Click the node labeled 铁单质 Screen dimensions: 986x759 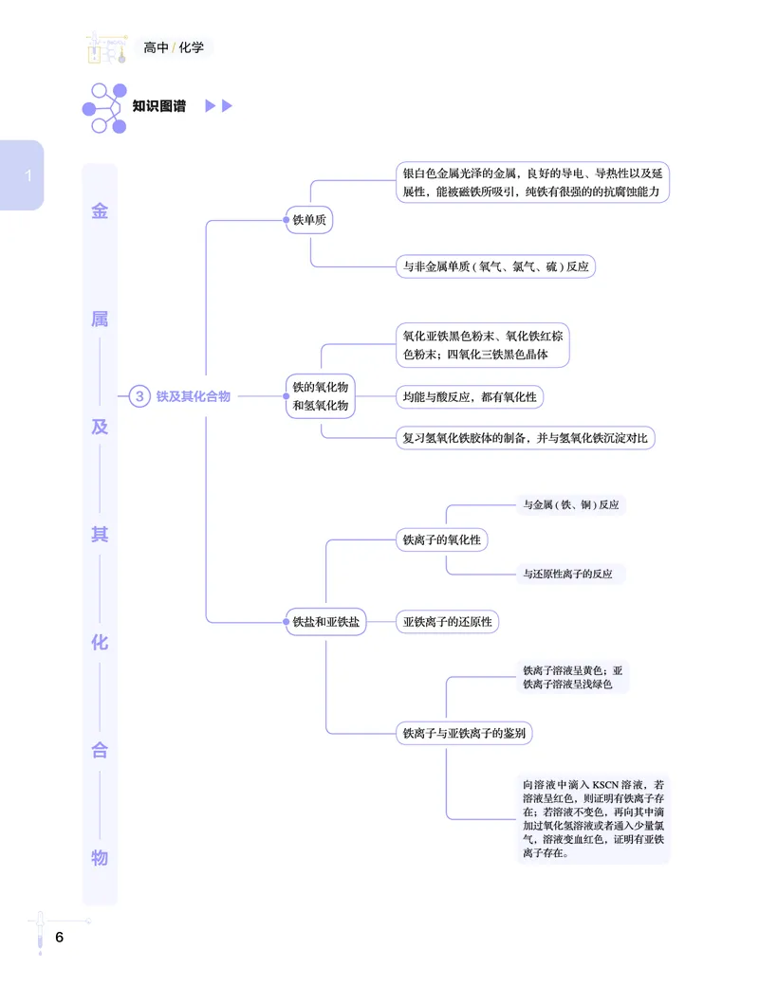310,220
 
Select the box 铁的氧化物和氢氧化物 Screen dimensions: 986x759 320,396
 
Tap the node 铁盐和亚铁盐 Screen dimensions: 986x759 326,622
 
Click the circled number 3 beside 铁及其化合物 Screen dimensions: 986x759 139,396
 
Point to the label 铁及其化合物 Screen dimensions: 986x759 194,396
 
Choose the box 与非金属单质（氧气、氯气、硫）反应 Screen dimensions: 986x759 495,266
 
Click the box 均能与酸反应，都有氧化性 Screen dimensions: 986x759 470,397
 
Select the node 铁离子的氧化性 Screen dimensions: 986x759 441,539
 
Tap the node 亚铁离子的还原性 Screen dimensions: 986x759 447,622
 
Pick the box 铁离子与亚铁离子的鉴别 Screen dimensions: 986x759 465,732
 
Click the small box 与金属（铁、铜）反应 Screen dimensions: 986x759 570,505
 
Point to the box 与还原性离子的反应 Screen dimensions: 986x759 567,574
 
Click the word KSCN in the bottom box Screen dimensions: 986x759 604,785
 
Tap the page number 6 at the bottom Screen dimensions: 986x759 59,938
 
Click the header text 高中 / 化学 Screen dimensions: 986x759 174,46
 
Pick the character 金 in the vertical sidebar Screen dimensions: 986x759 100,211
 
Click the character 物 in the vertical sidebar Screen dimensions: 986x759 100,858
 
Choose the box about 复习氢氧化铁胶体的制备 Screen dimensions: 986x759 525,438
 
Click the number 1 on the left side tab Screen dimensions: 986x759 28,175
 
